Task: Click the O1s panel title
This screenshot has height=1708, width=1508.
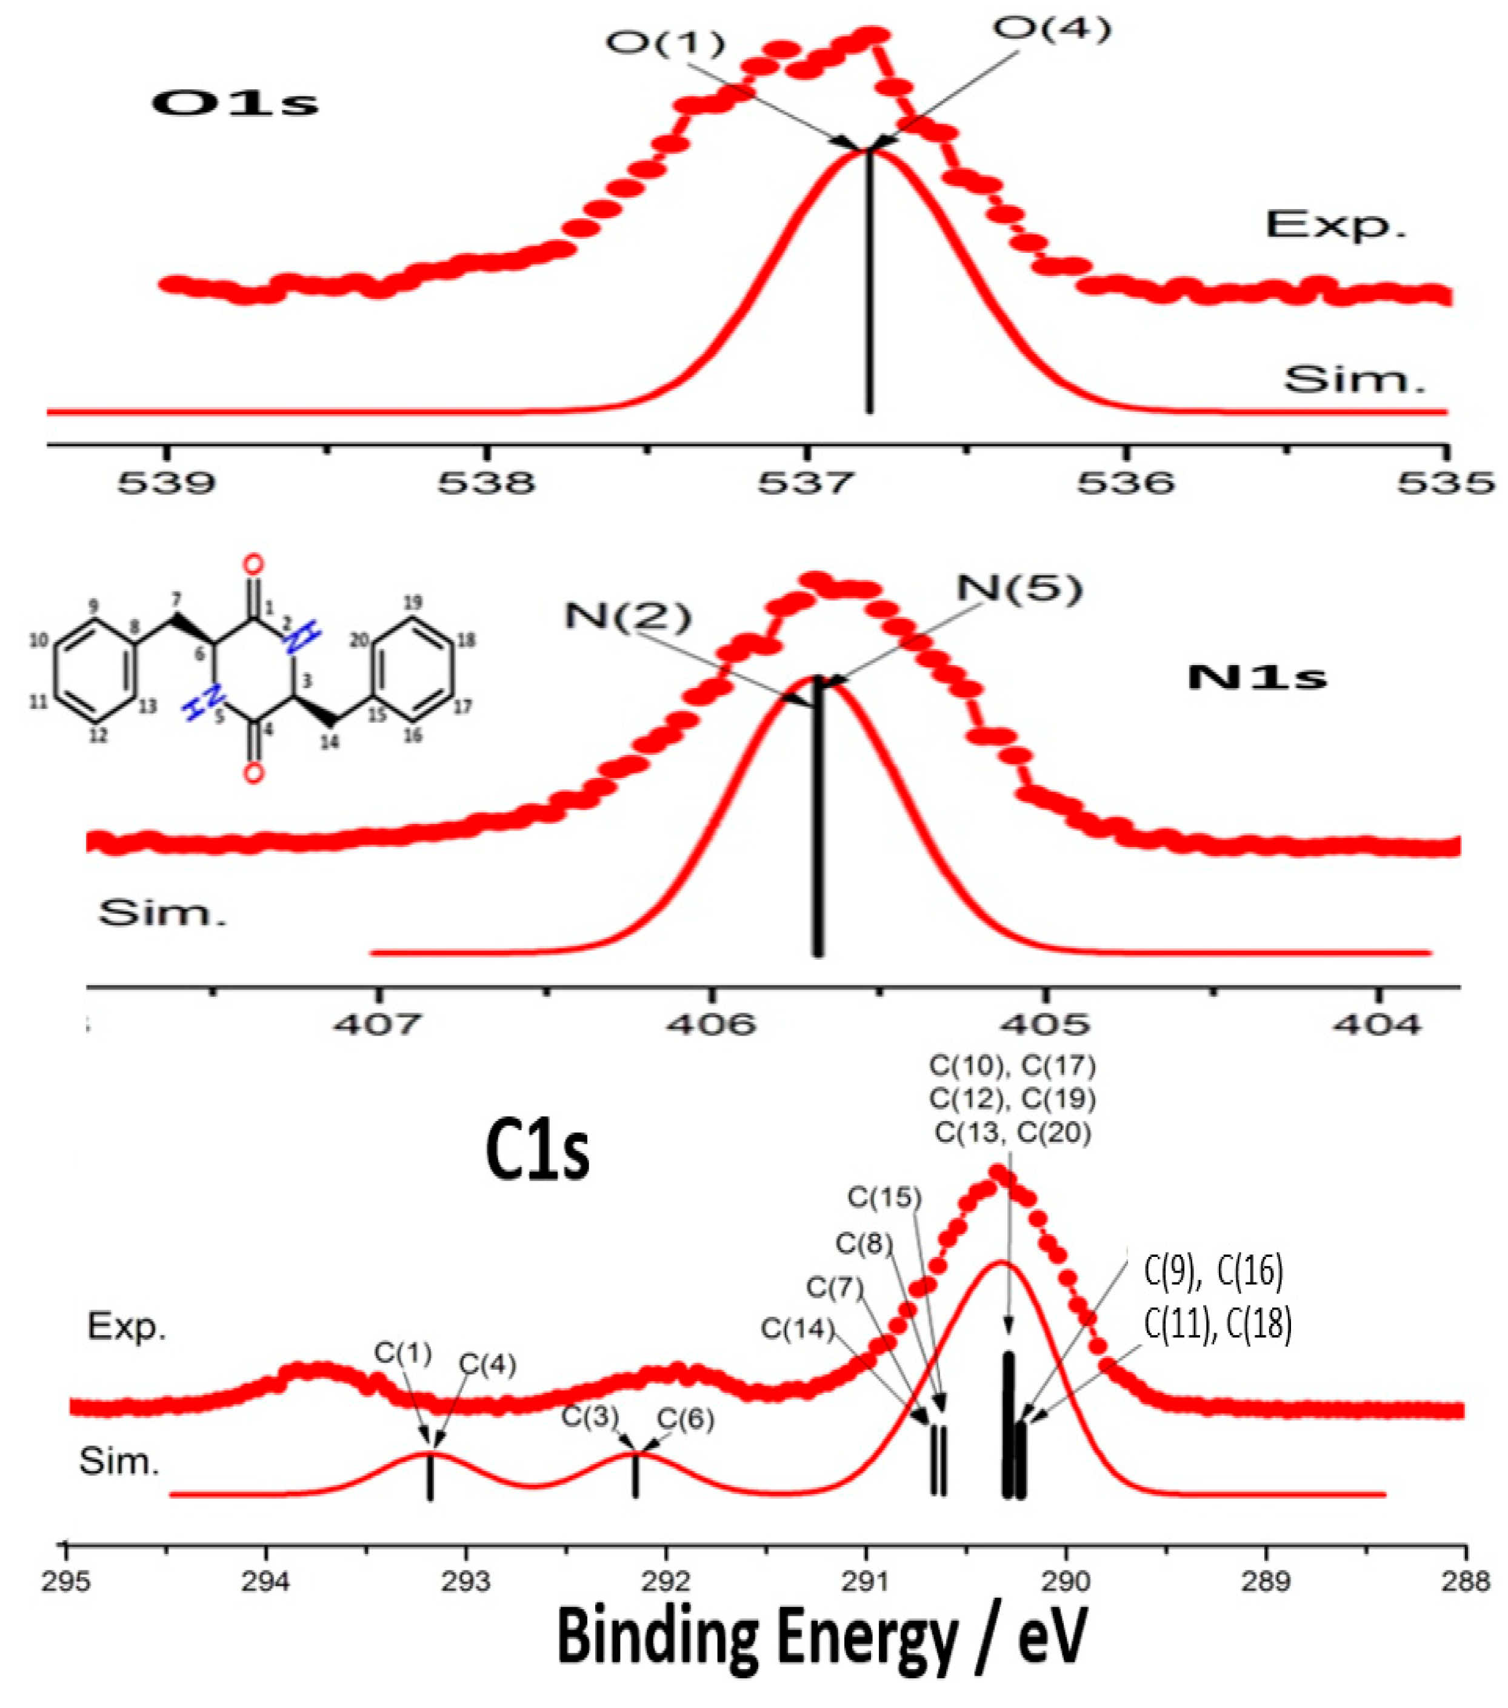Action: pos(235,103)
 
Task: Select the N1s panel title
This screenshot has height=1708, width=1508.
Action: pos(1256,677)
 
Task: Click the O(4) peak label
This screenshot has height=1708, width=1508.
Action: pos(1052,30)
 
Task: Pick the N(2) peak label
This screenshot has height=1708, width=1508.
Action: pos(629,617)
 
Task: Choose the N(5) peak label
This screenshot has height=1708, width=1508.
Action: pos(1019,589)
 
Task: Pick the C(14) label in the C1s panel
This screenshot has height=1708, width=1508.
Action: pos(797,1328)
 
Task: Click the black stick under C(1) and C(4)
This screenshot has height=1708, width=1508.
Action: pos(430,1476)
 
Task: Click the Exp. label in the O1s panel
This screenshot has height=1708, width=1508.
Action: pos(1335,224)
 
